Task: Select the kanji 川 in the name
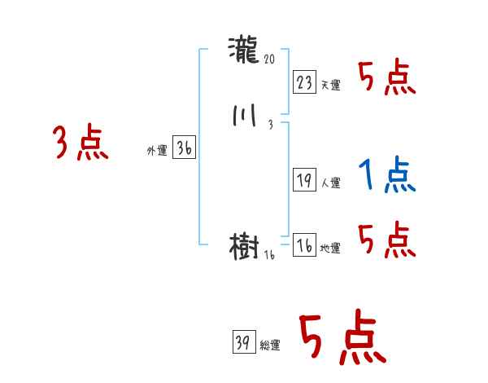click(x=245, y=117)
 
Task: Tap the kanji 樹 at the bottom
click(x=245, y=246)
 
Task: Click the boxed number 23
click(x=304, y=82)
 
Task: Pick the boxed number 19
click(x=304, y=181)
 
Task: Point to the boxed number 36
click(x=184, y=148)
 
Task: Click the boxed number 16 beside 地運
click(x=304, y=246)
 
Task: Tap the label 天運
click(x=330, y=85)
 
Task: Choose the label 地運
click(x=330, y=249)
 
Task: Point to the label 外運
click(x=157, y=151)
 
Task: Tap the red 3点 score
click(x=81, y=143)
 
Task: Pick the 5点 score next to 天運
click(x=387, y=78)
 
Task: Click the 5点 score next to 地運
click(x=387, y=240)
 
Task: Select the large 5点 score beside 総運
click(x=341, y=339)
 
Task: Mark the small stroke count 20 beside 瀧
click(x=271, y=59)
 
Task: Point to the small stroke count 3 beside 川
click(x=269, y=125)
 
